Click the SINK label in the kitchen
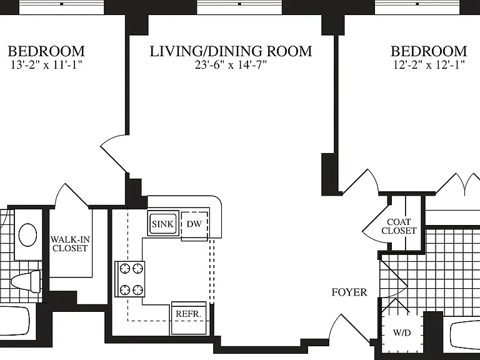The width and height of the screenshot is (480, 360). (162, 224)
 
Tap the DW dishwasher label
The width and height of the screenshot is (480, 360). (194, 224)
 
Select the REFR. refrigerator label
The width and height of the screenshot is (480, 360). (189, 314)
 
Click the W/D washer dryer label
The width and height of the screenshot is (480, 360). (402, 332)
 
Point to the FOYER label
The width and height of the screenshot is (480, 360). (349, 292)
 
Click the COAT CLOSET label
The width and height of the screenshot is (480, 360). (399, 226)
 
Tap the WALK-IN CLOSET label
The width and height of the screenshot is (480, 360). (70, 244)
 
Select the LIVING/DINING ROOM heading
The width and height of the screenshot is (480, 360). (231, 51)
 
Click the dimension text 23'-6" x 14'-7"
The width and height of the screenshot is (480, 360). (231, 65)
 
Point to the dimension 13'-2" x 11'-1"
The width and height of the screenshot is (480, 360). (46, 65)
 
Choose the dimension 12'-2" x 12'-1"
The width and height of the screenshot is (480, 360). (429, 65)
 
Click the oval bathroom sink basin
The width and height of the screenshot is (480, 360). (27, 235)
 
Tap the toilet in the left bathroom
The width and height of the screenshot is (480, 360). (26, 281)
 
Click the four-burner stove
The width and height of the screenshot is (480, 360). (130, 279)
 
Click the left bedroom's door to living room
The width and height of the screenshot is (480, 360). (114, 152)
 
